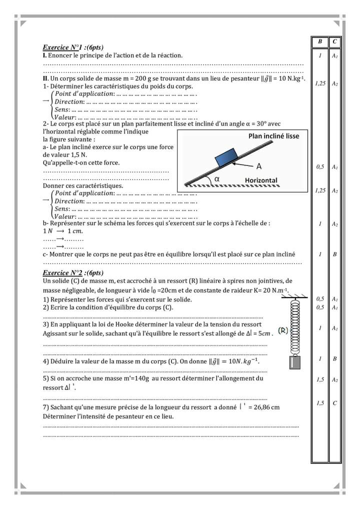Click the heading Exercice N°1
[73, 47]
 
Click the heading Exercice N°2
[73, 273]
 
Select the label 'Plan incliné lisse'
[273, 136]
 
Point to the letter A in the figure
[258, 165]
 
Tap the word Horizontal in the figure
[261, 180]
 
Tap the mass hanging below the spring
[295, 362]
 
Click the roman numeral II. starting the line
[45, 79]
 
